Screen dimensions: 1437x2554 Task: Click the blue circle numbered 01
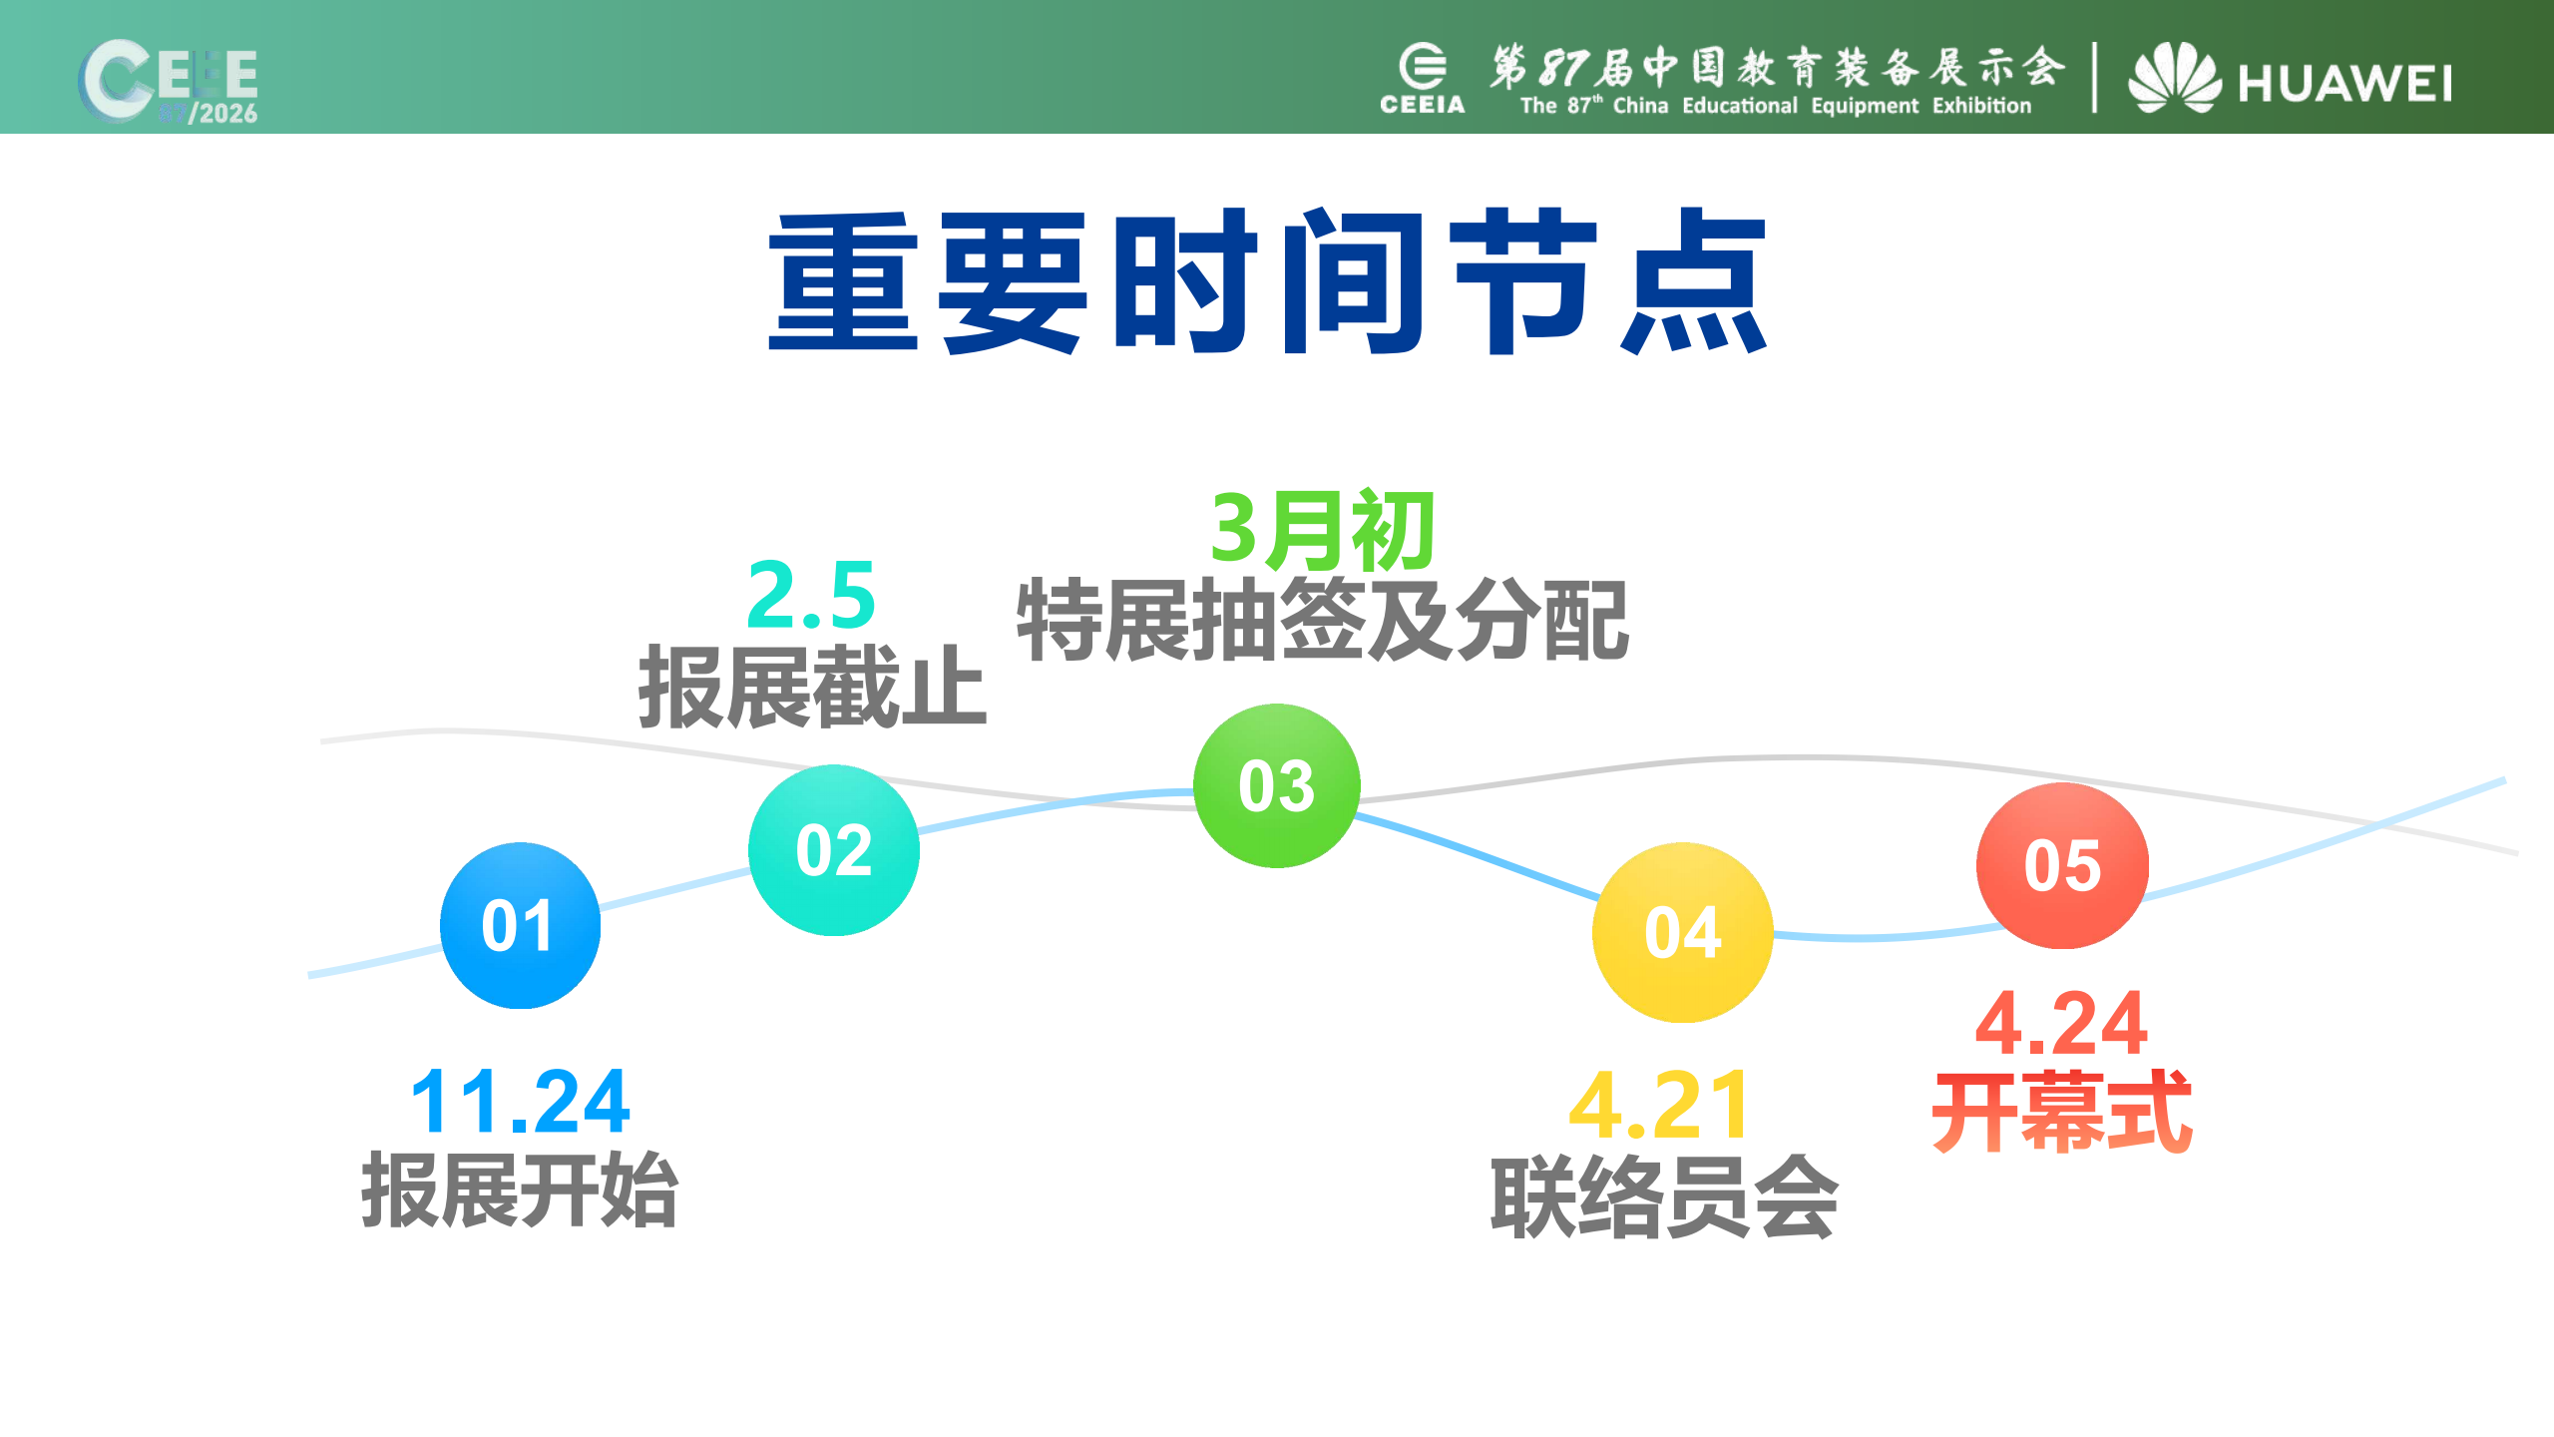click(520, 926)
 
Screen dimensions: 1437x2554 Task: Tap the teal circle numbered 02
click(834, 850)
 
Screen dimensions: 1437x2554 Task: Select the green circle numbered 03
click(1277, 785)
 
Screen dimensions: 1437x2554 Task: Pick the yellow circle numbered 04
click(1682, 932)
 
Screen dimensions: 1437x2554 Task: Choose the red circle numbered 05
click(2062, 865)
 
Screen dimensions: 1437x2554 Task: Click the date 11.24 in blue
click(520, 1103)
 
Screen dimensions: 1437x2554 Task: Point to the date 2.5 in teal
click(811, 596)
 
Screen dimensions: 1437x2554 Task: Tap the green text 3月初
click(1322, 530)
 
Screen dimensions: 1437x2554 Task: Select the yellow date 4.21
click(1659, 1106)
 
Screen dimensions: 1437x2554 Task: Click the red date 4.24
click(2061, 1024)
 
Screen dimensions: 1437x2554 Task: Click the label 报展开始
click(520, 1191)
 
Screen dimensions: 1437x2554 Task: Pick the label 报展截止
click(812, 687)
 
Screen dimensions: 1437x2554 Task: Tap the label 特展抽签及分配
click(1322, 621)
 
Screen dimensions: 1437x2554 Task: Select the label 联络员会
click(1663, 1197)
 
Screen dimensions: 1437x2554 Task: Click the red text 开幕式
click(2061, 1112)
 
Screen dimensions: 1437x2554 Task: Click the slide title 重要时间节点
click(1267, 281)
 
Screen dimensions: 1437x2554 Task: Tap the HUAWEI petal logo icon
click(2174, 77)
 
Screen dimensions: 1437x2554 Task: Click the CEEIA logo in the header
click(1422, 78)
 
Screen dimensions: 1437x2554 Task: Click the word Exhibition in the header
click(1981, 106)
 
